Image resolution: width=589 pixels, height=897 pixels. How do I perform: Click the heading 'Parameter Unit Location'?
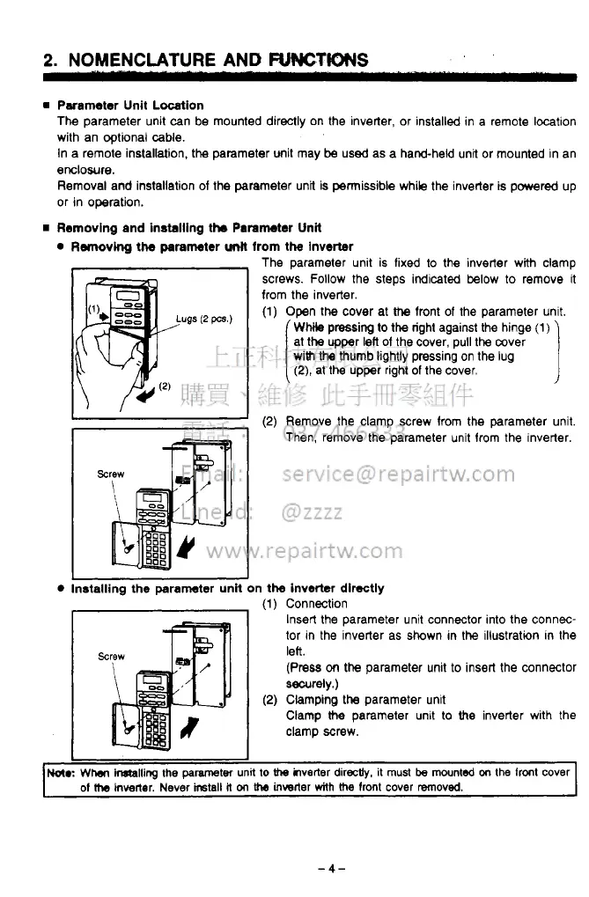pyautogui.click(x=130, y=105)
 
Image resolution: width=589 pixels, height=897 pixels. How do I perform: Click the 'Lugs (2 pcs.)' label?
pyautogui.click(x=203, y=318)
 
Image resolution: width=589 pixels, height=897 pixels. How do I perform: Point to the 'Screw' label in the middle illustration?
pyautogui.click(x=111, y=474)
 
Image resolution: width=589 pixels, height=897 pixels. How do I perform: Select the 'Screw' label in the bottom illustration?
pyautogui.click(x=111, y=656)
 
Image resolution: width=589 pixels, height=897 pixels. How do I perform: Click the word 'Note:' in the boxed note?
pyautogui.click(x=61, y=773)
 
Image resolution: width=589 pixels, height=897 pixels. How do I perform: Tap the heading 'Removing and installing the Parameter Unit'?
pyautogui.click(x=188, y=228)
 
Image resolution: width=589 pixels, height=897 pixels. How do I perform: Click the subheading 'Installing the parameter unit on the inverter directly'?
pyautogui.click(x=227, y=587)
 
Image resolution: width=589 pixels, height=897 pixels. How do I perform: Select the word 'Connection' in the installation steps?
pyautogui.click(x=316, y=603)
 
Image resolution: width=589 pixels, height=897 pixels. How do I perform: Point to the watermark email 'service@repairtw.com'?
pyautogui.click(x=398, y=474)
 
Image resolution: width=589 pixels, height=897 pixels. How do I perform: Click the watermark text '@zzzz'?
pyautogui.click(x=313, y=512)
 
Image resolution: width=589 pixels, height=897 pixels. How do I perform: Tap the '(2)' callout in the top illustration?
pyautogui.click(x=164, y=385)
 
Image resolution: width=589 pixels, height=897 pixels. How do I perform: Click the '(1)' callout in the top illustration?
pyautogui.click(x=94, y=308)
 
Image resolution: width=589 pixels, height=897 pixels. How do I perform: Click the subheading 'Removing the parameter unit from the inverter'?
pyautogui.click(x=211, y=246)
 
